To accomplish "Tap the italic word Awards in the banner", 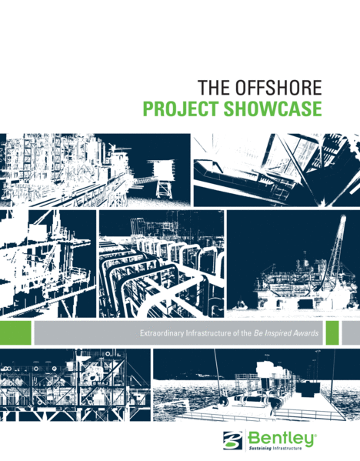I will tap(306, 333).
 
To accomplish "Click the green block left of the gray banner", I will tap(15, 332).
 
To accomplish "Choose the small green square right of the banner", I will tap(332, 332).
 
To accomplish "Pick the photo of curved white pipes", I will tap(162, 263).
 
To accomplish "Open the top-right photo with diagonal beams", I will tap(275, 169).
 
